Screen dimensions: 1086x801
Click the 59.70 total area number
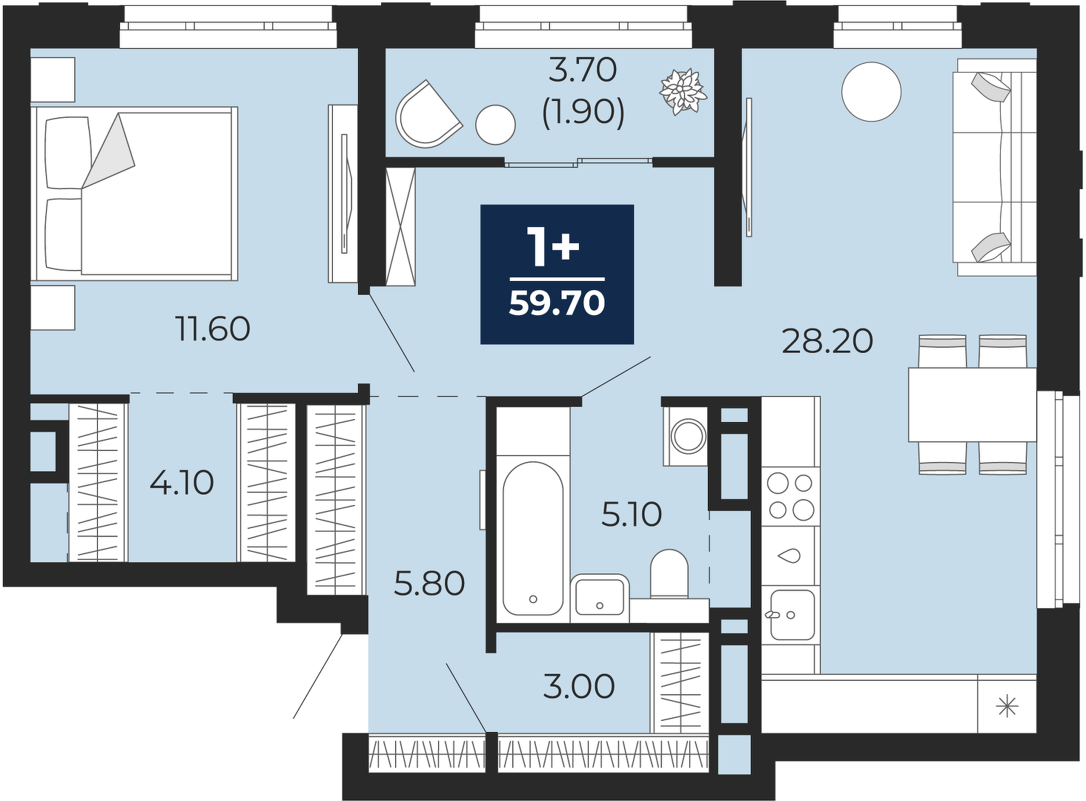click(x=557, y=304)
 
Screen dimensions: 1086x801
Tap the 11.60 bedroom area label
click(x=213, y=329)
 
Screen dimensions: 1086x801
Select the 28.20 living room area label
click(x=827, y=341)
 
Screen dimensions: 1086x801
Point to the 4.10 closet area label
click(x=182, y=484)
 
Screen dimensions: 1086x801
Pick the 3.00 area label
click(x=579, y=687)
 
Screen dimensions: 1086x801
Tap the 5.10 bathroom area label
click(x=632, y=515)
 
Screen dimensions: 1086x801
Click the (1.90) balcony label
click(x=583, y=115)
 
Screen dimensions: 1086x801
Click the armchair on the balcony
click(x=428, y=115)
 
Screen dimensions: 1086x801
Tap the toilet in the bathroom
click(x=669, y=574)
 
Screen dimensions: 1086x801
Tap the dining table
click(x=972, y=405)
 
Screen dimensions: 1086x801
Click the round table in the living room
click(x=871, y=92)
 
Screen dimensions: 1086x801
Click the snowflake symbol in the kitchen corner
click(x=1007, y=706)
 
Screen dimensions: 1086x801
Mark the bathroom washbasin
click(x=600, y=599)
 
